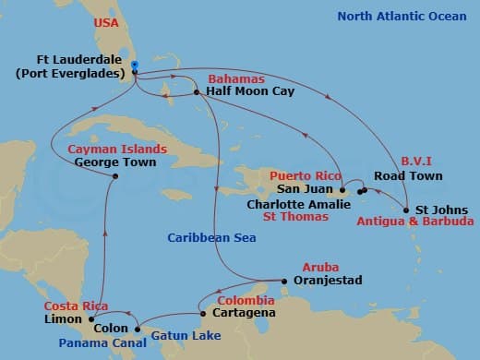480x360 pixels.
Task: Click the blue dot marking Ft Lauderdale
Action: pos(135,66)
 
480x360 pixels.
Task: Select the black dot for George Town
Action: pos(114,176)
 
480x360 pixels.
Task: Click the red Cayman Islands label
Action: pos(118,149)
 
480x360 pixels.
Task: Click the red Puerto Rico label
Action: pos(306,175)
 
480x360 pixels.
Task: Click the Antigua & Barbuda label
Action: pos(423,222)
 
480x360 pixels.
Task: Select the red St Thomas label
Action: pos(295,217)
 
